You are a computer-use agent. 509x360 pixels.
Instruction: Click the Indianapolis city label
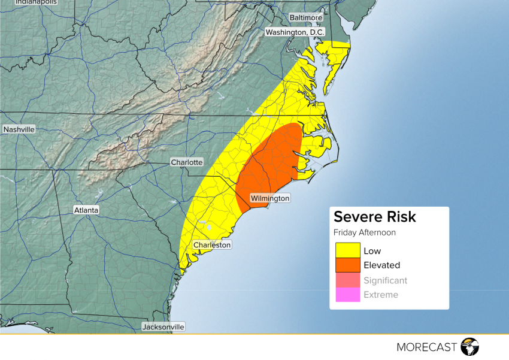click(36, 2)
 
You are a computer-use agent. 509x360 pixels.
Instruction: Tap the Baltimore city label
click(306, 18)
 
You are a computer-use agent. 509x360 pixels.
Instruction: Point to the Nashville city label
click(19, 129)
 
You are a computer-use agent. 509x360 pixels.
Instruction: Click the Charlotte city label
click(187, 162)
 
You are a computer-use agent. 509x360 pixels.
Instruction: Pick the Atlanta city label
click(86, 210)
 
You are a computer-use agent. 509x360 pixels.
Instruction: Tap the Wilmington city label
click(269, 198)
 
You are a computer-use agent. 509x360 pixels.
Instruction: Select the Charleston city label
click(211, 245)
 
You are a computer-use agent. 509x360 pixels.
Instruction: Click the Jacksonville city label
click(163, 327)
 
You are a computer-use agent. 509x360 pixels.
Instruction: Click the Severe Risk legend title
click(374, 217)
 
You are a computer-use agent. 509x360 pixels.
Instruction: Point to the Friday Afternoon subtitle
click(364, 233)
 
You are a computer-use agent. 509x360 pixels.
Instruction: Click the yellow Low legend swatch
click(347, 250)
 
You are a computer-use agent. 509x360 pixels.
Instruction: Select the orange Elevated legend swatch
click(347, 265)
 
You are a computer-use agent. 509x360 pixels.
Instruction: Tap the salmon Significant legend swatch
click(347, 280)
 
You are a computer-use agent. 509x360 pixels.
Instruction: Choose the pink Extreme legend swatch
click(347, 295)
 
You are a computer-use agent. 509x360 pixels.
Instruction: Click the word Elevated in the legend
click(381, 265)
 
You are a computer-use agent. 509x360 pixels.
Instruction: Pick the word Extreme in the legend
click(380, 295)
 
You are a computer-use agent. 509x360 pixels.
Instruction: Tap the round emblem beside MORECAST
click(470, 347)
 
